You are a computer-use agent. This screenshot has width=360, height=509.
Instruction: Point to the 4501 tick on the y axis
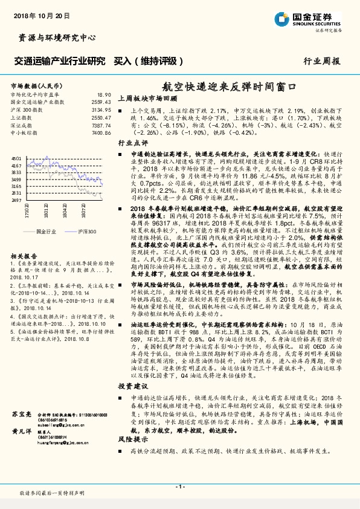[x=16, y=158]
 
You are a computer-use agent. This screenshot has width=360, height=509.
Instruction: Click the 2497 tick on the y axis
[x=16, y=199]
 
